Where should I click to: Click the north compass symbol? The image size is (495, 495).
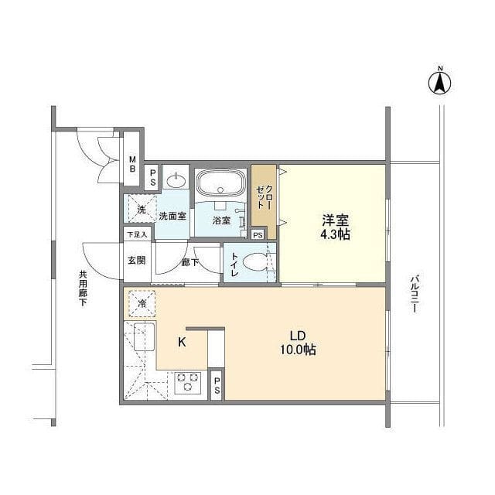click(x=440, y=82)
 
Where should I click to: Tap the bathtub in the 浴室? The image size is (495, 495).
click(x=220, y=185)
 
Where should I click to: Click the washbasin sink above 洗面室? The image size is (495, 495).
click(x=176, y=181)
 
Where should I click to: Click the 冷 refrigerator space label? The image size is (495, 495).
click(x=141, y=303)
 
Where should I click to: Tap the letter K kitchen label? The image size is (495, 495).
click(x=183, y=342)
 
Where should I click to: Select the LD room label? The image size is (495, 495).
click(x=298, y=336)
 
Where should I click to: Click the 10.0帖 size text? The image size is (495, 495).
click(x=298, y=350)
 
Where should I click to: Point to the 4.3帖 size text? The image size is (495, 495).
click(x=336, y=234)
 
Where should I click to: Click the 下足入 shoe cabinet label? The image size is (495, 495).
click(x=137, y=234)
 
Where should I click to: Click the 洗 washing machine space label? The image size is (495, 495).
click(x=141, y=210)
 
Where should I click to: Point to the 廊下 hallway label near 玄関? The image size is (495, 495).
click(x=189, y=263)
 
